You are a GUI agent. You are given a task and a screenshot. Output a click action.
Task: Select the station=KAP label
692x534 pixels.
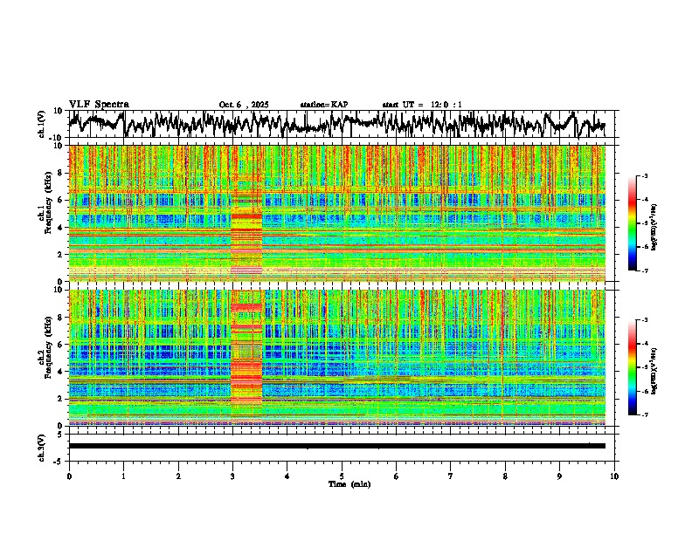(323, 105)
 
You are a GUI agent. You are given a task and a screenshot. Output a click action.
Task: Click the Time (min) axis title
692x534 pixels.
(349, 484)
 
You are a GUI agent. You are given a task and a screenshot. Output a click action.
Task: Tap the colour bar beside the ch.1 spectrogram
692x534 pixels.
(639, 223)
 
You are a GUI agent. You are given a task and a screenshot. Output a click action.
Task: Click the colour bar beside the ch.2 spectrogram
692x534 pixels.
(639, 367)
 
